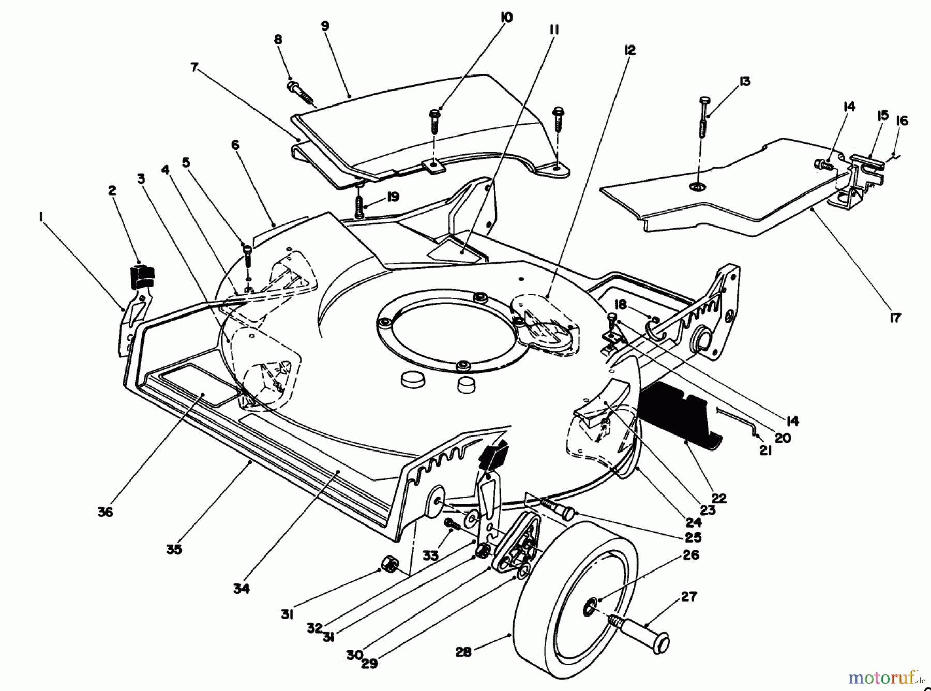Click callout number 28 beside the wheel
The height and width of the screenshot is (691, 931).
463,652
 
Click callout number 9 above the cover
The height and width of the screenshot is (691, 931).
325,27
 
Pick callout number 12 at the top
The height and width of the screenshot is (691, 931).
629,50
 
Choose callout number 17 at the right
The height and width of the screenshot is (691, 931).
895,318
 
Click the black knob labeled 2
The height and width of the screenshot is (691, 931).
141,276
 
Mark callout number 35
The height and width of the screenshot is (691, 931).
174,549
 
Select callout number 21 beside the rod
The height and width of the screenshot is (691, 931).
765,450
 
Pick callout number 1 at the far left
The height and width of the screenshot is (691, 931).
40,217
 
